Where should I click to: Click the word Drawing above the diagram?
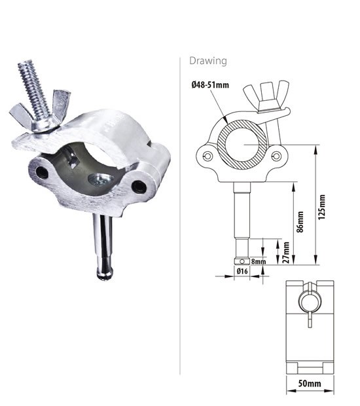pos(207,61)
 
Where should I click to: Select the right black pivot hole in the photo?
pos(138,187)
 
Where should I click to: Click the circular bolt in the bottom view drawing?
pos(308,303)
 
